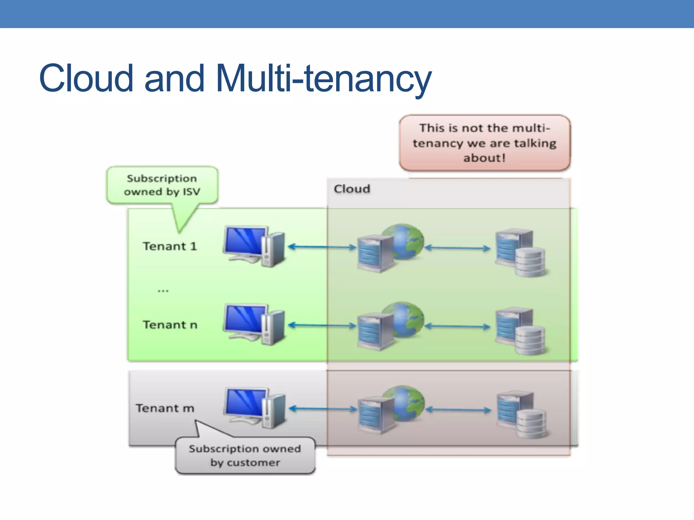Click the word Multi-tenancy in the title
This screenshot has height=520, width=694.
pos(324,79)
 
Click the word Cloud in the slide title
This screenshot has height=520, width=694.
pos(86,79)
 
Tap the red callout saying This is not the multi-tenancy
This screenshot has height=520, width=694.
pos(485,143)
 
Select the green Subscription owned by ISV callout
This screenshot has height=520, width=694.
pos(162,185)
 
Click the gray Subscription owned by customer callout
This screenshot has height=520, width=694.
pos(245,456)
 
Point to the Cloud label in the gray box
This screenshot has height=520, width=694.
pos(352,189)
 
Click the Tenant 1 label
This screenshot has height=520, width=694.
pos(170,246)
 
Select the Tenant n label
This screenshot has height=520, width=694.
pos(170,325)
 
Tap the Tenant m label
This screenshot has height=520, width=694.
pos(165,408)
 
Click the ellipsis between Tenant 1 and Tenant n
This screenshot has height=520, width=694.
pos(163,290)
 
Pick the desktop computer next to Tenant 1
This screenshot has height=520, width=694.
pos(254,246)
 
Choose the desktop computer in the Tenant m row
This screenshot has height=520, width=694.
pos(255,408)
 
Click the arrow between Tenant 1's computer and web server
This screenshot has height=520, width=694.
pos(322,247)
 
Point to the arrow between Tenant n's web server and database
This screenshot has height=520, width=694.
pos(457,326)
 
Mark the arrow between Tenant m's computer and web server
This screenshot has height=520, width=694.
pos(323,409)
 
